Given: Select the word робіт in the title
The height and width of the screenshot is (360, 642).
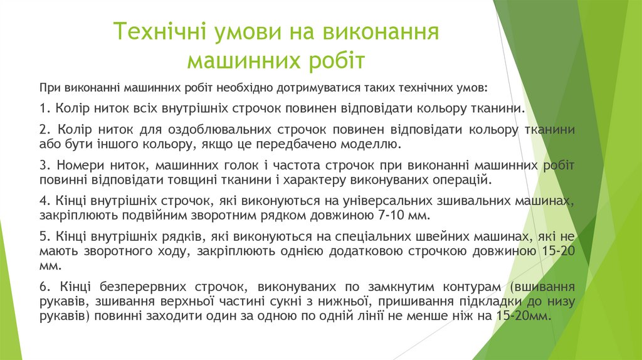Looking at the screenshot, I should point(336,61).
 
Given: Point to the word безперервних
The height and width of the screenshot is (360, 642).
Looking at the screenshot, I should point(134,287).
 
